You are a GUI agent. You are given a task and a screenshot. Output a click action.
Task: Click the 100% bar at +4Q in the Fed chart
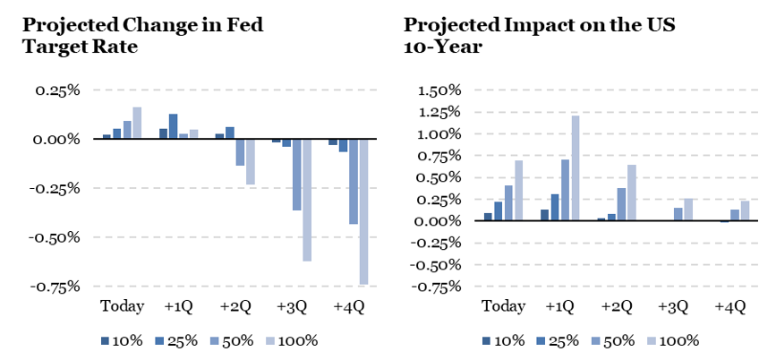point(364,212)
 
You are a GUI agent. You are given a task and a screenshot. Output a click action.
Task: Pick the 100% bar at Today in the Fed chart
point(137,124)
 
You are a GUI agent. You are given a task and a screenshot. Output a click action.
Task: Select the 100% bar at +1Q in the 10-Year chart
point(576,168)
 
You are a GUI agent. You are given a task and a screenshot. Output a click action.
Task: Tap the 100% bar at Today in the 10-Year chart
point(518,191)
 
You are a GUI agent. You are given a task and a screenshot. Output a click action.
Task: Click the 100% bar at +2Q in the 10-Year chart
point(633,193)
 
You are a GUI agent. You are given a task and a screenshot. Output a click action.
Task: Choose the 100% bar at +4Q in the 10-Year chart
point(745,211)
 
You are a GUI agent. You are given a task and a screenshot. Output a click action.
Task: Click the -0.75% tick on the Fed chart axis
point(55,287)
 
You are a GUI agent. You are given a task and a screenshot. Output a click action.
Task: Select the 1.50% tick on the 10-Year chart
point(439,90)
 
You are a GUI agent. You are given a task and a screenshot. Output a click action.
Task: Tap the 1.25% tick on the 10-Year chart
point(439,113)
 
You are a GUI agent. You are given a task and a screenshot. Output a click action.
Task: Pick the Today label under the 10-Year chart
point(503,306)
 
